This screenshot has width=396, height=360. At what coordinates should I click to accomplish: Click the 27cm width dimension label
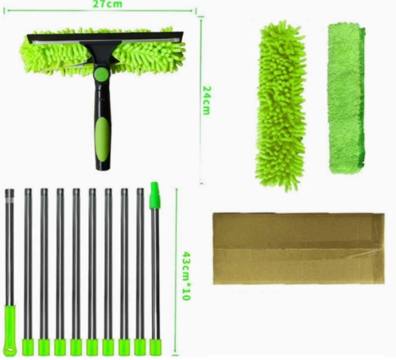click(107, 4)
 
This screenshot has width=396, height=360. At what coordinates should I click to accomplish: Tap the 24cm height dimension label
click(207, 100)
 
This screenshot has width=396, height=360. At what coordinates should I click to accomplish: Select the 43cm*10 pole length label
click(186, 276)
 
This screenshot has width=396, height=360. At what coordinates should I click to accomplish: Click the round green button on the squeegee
click(102, 73)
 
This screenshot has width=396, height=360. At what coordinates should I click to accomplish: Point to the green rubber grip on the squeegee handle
click(103, 139)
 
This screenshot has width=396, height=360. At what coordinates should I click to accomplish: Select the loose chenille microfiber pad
click(281, 106)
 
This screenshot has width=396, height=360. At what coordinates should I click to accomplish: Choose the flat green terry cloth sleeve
click(346, 98)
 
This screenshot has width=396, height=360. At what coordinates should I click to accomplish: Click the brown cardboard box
click(298, 248)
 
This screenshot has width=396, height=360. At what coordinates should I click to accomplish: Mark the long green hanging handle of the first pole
click(10, 331)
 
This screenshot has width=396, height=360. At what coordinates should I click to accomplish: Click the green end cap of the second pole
click(28, 347)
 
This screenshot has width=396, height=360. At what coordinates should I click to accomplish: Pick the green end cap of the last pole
click(156, 347)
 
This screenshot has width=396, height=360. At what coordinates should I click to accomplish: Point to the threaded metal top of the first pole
click(9, 193)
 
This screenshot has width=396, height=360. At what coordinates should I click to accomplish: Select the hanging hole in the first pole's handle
click(10, 351)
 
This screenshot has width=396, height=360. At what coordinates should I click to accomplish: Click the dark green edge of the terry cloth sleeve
click(362, 99)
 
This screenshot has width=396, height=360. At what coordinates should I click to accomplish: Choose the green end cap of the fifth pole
click(76, 347)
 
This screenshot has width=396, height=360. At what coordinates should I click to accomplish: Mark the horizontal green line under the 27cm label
click(100, 11)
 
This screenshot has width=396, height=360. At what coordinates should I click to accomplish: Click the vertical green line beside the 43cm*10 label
click(177, 272)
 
